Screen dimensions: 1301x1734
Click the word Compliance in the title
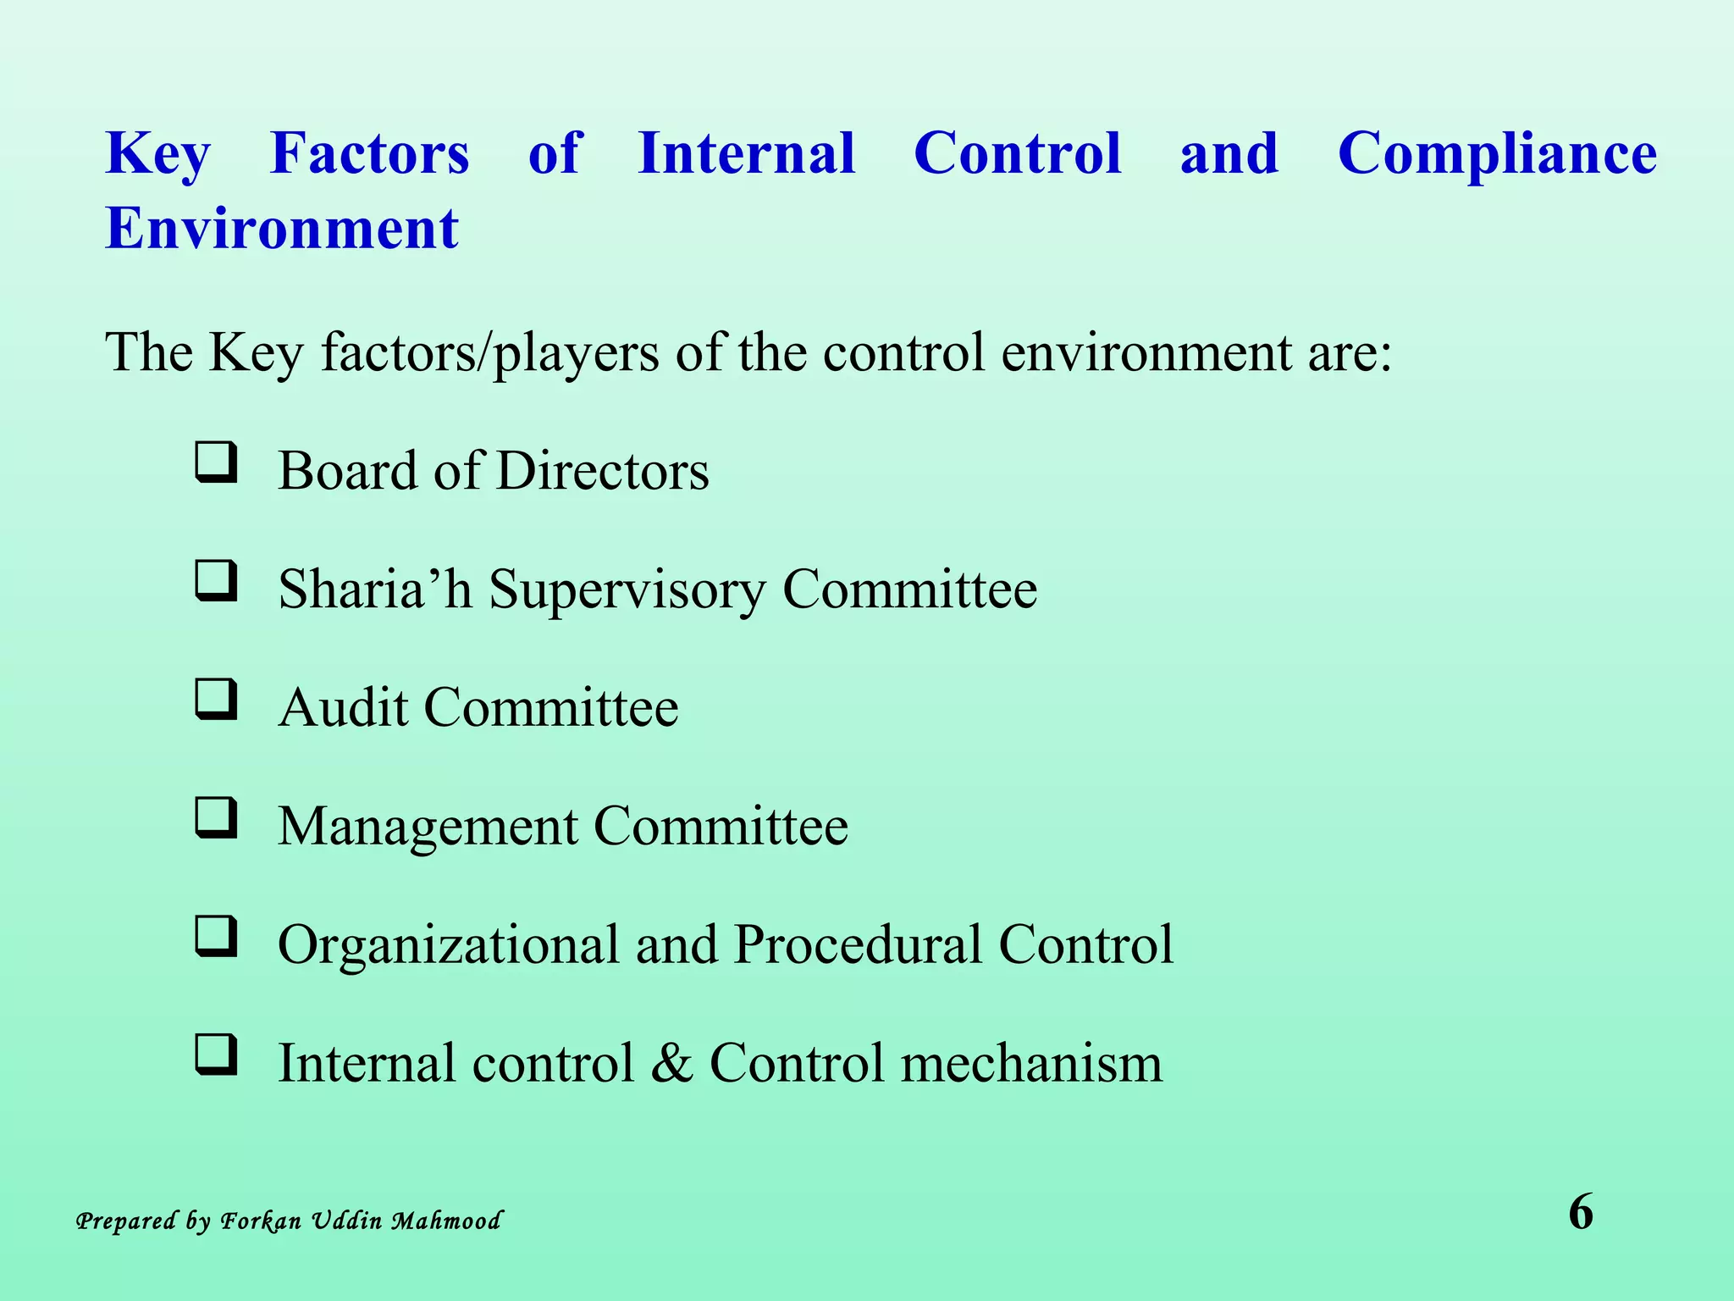point(1497,155)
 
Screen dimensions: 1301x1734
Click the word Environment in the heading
point(281,229)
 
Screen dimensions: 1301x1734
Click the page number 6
point(1580,1212)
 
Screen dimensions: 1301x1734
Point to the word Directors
point(602,471)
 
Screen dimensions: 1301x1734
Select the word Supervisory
point(627,590)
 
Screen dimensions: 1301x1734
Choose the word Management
point(427,828)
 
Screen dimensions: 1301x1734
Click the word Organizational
point(449,946)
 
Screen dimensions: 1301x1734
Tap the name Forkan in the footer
point(261,1221)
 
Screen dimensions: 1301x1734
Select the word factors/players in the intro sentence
point(490,353)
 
